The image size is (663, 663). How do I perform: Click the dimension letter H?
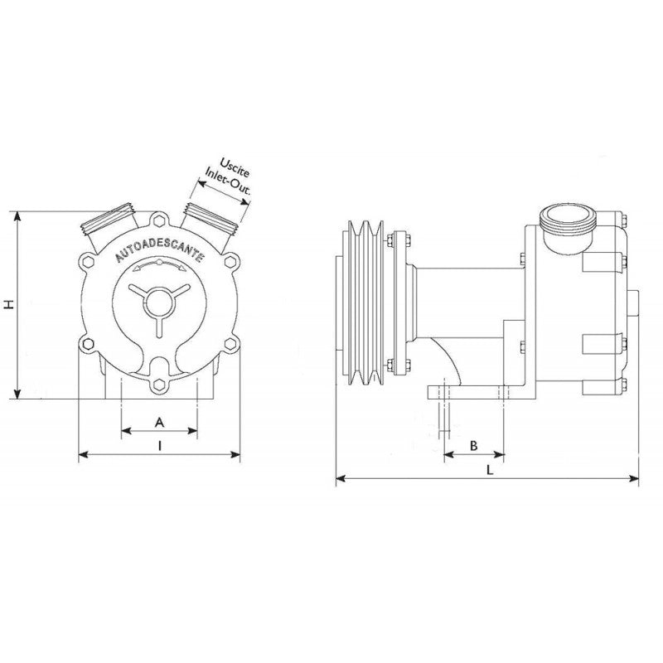point(9,304)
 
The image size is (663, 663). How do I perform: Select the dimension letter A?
point(159,422)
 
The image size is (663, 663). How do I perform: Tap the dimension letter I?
point(159,446)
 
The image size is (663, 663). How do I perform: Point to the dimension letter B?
point(474,446)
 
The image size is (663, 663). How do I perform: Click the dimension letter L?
point(490,470)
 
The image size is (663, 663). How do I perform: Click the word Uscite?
point(235,167)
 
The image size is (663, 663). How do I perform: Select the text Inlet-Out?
point(229,181)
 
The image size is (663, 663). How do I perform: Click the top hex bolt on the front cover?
point(159,220)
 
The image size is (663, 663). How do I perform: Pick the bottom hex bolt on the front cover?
point(159,384)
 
